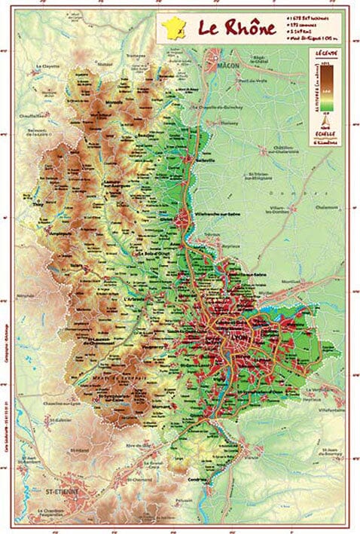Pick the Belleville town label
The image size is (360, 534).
(x=206, y=160)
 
